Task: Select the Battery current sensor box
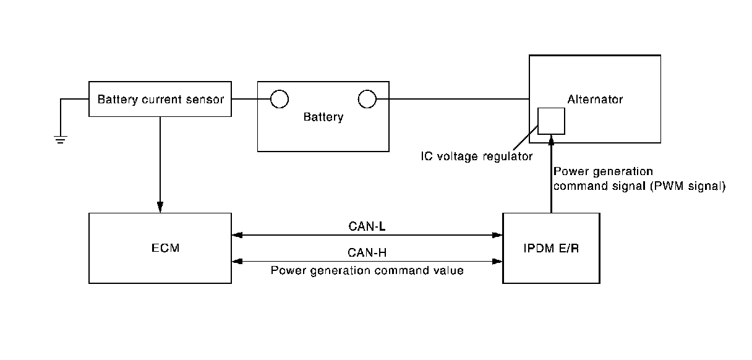pos(160,99)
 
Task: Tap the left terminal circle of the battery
pos(279,99)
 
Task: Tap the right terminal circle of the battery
pos(367,99)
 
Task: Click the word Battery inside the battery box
pos(323,118)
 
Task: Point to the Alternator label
pos(595,99)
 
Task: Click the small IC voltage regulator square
pos(551,121)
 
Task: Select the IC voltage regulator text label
pos(476,156)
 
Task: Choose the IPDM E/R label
pos(550,248)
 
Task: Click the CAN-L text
pos(367,226)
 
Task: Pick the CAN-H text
pos(367,252)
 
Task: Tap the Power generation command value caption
pos(367,270)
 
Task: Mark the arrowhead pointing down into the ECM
pos(160,208)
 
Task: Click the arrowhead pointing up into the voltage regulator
pos(551,140)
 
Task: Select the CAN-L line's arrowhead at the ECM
pos(237,235)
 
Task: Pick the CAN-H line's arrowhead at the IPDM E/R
pos(497,262)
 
